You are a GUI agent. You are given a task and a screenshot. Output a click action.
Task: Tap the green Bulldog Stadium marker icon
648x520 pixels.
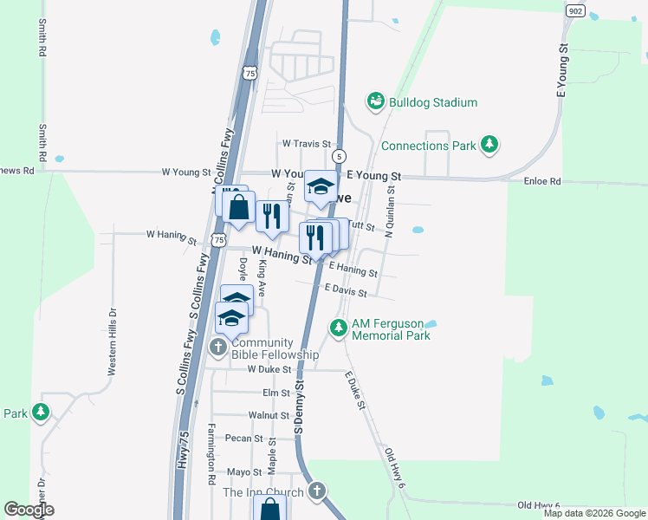point(375,102)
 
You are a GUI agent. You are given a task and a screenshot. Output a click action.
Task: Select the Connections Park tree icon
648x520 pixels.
point(490,144)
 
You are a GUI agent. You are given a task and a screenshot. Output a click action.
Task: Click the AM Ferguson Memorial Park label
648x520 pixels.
point(391,329)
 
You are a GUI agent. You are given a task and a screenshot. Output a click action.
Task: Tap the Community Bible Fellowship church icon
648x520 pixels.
point(219,348)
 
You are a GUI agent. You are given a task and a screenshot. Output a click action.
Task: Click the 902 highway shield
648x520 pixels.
point(575,10)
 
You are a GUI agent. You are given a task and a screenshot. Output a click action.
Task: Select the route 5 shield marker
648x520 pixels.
point(340,156)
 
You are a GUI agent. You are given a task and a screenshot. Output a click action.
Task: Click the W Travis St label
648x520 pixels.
point(307,144)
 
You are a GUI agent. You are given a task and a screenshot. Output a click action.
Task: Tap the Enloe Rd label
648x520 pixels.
point(543,182)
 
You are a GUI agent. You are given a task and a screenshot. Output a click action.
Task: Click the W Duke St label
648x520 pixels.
point(268,369)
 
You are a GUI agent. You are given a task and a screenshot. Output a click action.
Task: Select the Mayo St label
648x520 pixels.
point(244,472)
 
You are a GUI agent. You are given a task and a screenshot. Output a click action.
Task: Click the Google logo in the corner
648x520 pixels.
point(29,510)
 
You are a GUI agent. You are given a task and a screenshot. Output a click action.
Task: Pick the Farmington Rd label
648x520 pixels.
point(211,454)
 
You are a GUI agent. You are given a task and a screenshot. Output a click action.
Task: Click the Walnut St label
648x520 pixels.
point(268,416)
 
